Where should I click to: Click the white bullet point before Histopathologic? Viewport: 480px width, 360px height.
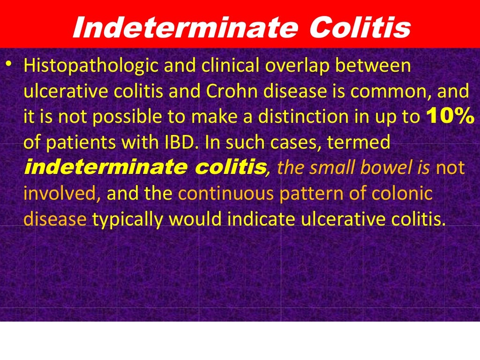point(8,64)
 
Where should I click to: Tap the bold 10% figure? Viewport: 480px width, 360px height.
point(450,117)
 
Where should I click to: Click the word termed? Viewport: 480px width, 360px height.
point(361,142)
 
